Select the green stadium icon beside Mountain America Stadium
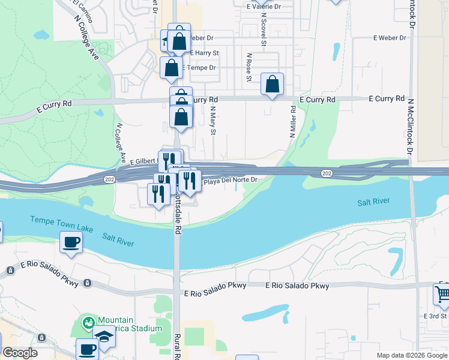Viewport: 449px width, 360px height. (x=89, y=323)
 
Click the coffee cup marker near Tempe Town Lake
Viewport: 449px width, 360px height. (x=71, y=243)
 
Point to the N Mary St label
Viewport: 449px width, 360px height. (x=212, y=121)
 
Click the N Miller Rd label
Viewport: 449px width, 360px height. (x=293, y=122)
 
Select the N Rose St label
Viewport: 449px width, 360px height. (x=249, y=67)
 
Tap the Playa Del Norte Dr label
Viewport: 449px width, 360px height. (x=231, y=180)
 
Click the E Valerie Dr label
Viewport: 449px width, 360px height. (x=264, y=7)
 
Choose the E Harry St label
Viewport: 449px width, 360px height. (x=205, y=53)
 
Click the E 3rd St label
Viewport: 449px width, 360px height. (x=436, y=316)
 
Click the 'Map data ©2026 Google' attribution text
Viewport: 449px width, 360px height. (x=411, y=355)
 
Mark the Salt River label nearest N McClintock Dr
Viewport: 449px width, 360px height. (x=374, y=203)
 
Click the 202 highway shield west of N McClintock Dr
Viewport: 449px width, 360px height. (x=326, y=173)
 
